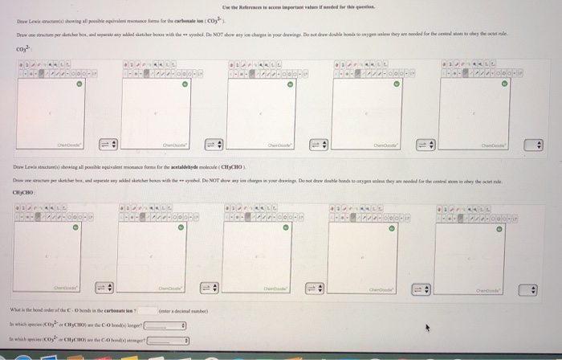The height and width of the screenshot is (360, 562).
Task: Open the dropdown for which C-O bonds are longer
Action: coord(165,326)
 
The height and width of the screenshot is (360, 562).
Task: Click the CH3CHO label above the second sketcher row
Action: coord(23,192)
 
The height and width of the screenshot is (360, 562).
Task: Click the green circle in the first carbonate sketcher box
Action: coord(77,84)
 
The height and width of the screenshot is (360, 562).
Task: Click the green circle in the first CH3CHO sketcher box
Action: coord(76,227)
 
